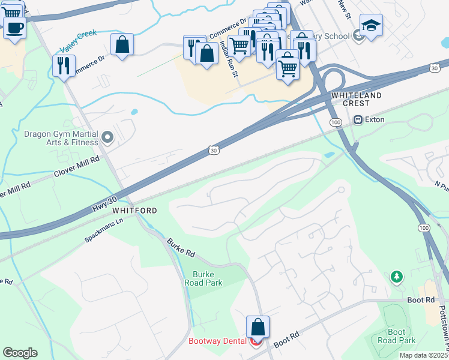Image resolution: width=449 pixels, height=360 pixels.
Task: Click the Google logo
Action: tap(20, 353)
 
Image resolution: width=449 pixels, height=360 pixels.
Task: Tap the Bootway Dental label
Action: tap(217, 341)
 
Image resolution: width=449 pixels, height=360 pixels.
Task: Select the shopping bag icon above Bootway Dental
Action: tap(258, 327)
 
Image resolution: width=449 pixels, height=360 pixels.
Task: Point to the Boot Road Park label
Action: tap(401, 336)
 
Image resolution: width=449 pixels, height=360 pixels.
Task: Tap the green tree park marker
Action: tap(396, 277)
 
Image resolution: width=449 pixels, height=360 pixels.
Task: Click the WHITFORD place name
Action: tap(134, 211)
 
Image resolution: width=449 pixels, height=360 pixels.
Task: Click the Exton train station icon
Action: tap(359, 119)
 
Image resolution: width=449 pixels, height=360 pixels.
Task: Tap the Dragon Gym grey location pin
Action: tap(108, 138)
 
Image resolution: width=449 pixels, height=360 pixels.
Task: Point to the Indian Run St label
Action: tap(228, 55)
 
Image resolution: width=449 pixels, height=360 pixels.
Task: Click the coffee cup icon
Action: tap(14, 27)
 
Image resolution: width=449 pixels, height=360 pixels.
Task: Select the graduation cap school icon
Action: tap(371, 26)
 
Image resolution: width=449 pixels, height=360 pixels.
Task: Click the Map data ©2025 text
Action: tap(424, 355)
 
